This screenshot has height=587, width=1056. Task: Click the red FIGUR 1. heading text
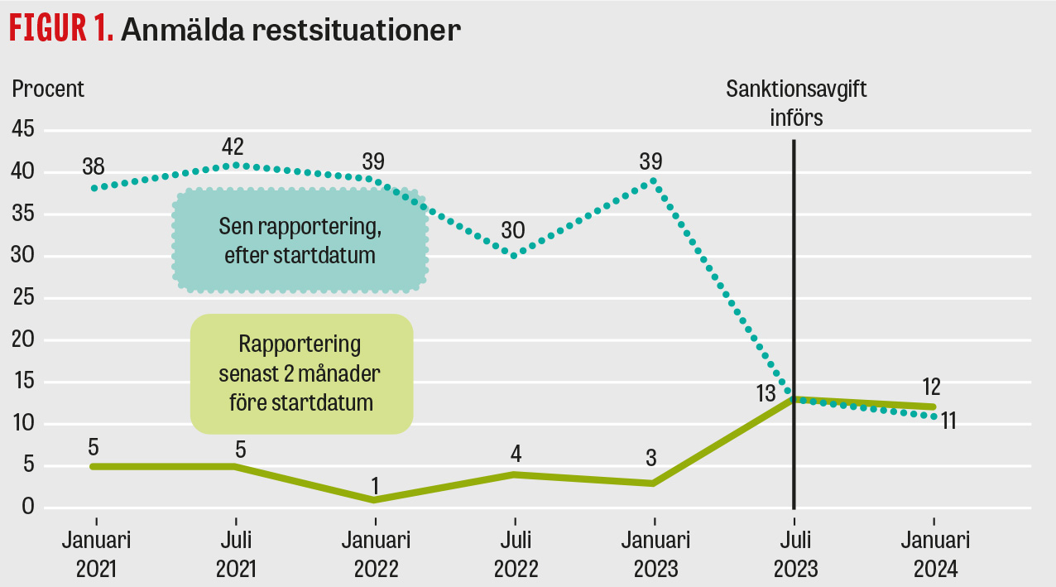(60, 30)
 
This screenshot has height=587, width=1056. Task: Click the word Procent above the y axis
(48, 89)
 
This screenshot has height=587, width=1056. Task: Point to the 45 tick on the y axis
(23, 130)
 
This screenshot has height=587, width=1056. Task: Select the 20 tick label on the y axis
(23, 340)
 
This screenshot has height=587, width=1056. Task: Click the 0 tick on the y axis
(28, 508)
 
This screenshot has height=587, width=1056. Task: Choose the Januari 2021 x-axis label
(97, 555)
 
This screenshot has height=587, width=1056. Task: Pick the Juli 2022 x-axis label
(515, 555)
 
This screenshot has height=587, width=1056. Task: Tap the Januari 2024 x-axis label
(935, 555)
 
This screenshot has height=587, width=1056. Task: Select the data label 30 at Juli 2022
(513, 231)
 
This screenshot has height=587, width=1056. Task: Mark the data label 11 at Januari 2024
(948, 421)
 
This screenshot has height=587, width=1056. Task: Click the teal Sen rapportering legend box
(300, 241)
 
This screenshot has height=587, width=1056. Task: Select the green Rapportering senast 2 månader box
(300, 373)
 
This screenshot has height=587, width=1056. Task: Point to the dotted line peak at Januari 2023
(654, 180)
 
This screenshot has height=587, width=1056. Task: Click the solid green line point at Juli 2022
(514, 474)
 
